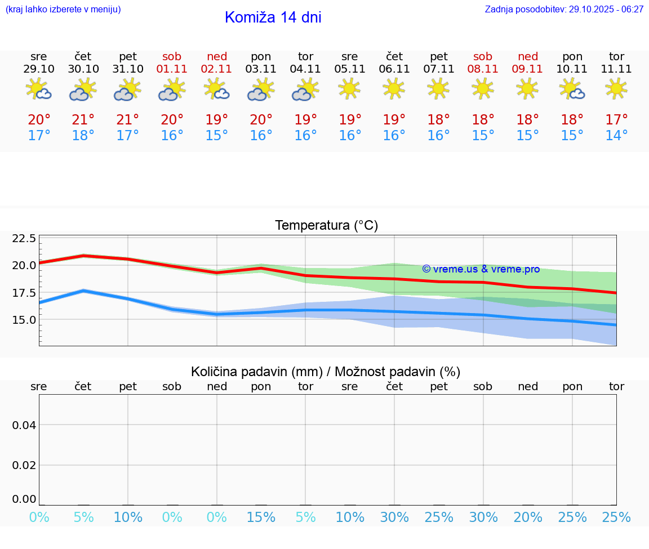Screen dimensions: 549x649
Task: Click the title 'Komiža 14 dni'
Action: (x=273, y=17)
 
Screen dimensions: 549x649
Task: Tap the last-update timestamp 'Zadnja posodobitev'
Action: (x=564, y=9)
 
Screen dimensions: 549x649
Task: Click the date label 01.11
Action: (x=172, y=69)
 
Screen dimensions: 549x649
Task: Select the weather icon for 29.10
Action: (x=39, y=90)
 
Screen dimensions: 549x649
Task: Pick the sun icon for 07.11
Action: (x=438, y=88)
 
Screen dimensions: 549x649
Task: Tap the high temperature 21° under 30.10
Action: (x=83, y=120)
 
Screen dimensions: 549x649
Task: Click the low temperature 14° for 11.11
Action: (x=616, y=136)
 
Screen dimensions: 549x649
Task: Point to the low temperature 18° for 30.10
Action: (x=83, y=136)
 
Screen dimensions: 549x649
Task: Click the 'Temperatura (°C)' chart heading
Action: (x=326, y=226)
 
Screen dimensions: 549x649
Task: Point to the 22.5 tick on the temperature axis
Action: (x=24, y=239)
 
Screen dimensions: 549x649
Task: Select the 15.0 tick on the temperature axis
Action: (x=24, y=320)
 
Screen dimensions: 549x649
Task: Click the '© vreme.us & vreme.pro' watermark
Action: (x=481, y=269)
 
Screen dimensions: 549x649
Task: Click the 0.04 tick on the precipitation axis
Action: (x=24, y=425)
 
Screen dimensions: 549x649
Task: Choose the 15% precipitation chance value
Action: (x=261, y=517)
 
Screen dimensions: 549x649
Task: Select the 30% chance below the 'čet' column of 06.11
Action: (x=394, y=517)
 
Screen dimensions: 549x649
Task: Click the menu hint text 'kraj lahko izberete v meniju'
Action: (x=63, y=9)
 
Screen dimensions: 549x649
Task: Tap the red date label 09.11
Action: (x=527, y=69)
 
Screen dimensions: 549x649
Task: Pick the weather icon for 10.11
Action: (x=572, y=90)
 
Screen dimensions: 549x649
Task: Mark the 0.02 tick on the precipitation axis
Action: (x=24, y=465)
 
